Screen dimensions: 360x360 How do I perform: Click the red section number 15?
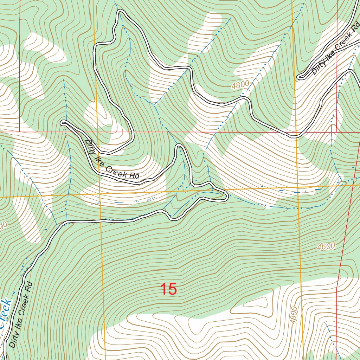pyautogui.click(x=168, y=289)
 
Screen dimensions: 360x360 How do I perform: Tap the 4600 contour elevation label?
pyautogui.click(x=326, y=246)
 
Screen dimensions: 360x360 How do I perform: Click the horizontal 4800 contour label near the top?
pyautogui.click(x=240, y=84)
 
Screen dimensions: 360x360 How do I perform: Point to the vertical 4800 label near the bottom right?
pyautogui.click(x=294, y=315)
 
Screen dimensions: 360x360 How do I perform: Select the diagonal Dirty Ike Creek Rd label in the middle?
pyautogui.click(x=112, y=160)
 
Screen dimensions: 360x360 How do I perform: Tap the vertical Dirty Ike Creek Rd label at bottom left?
pyautogui.click(x=20, y=314)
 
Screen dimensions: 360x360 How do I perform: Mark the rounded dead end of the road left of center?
pyautogui.click(x=63, y=123)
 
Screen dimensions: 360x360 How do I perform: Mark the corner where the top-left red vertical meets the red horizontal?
pyautogui.click(x=19, y=131)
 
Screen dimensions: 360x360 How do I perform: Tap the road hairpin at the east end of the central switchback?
pyautogui.click(x=225, y=196)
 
